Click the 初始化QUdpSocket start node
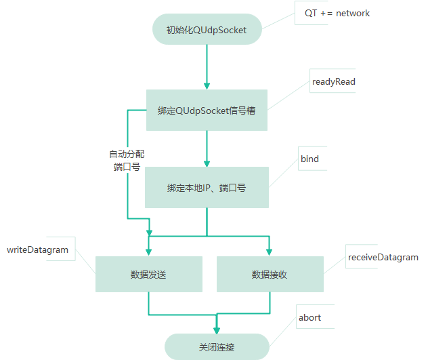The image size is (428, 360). pos(206,29)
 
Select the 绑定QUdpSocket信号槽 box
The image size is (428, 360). pos(207,110)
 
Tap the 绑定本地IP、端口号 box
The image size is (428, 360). pos(207,187)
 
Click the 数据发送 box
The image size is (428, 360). pos(148,275)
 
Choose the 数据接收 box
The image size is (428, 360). pos(270,275)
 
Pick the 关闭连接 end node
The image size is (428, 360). pos(217,347)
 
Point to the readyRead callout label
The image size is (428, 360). pos(333,82)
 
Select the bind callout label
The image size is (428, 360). pos(309,159)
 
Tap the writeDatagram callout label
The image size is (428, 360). pos(38,250)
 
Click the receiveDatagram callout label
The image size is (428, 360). pos(383,258)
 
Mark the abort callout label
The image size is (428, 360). pos(309,318)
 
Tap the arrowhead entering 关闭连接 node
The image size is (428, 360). pos(217,329)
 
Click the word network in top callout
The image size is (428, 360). pos(353,14)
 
